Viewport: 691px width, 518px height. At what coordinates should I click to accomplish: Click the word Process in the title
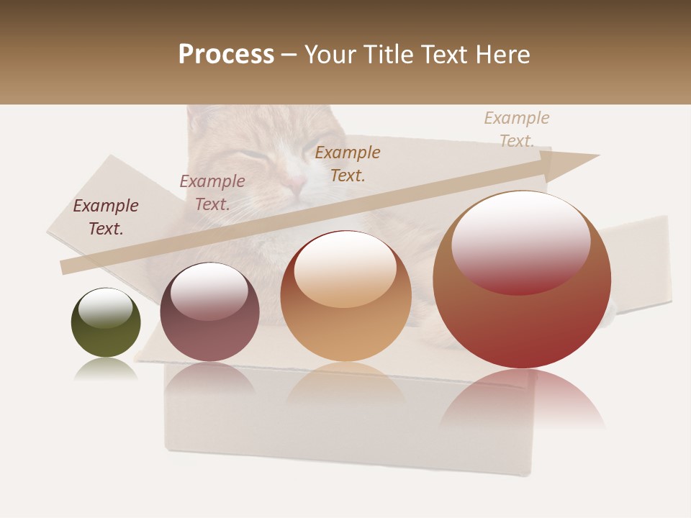(x=226, y=55)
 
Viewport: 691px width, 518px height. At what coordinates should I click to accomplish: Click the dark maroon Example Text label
(x=106, y=217)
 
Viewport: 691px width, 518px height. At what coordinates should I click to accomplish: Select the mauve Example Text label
(x=212, y=193)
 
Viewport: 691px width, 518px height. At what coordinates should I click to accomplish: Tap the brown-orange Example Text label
(x=348, y=163)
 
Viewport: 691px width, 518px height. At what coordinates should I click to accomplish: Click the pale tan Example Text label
(x=516, y=129)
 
